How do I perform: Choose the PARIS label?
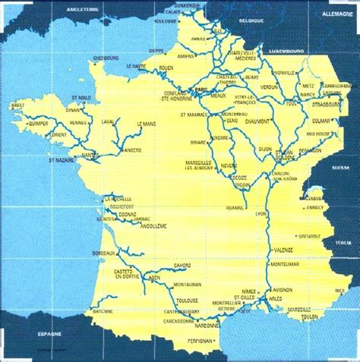201,90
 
